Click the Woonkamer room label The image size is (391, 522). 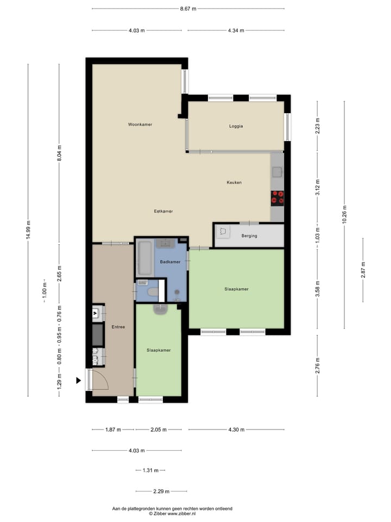[140, 125]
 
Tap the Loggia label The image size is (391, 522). [236, 126]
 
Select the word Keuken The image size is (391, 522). [234, 183]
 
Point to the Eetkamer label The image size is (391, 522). [163, 211]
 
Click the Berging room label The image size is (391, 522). [250, 236]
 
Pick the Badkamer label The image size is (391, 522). [170, 262]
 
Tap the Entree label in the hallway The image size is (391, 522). [118, 327]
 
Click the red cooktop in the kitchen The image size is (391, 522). [278, 197]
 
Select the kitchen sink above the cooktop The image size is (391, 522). [277, 172]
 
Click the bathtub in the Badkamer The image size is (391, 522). [144, 258]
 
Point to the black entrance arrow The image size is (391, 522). [79, 381]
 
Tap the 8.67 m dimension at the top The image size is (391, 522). [188, 9]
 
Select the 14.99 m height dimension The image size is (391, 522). [28, 229]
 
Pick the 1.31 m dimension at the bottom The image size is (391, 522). [150, 470]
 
